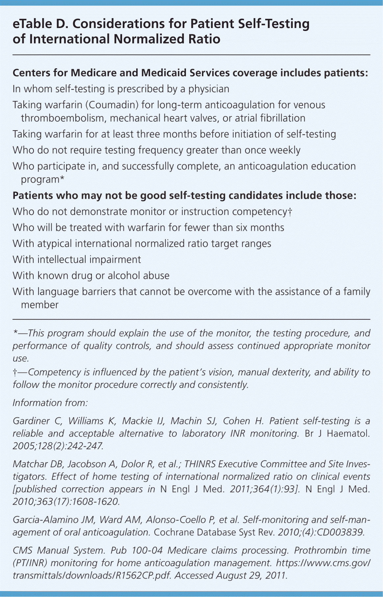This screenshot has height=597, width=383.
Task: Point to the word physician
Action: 209,89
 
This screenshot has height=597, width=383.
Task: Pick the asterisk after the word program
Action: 62,178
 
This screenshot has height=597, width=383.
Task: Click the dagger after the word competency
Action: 290,212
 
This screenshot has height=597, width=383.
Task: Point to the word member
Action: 39,305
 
